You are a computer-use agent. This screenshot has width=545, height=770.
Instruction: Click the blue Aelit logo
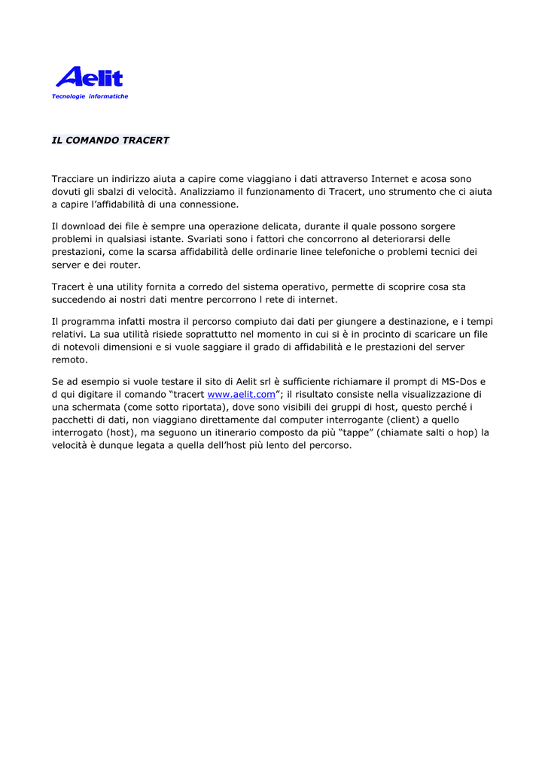point(89,77)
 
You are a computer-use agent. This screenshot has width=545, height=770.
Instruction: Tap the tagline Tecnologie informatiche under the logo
point(90,96)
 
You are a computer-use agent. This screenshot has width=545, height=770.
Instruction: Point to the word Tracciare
point(74,179)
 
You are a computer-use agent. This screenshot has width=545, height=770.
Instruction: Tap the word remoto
point(69,359)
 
